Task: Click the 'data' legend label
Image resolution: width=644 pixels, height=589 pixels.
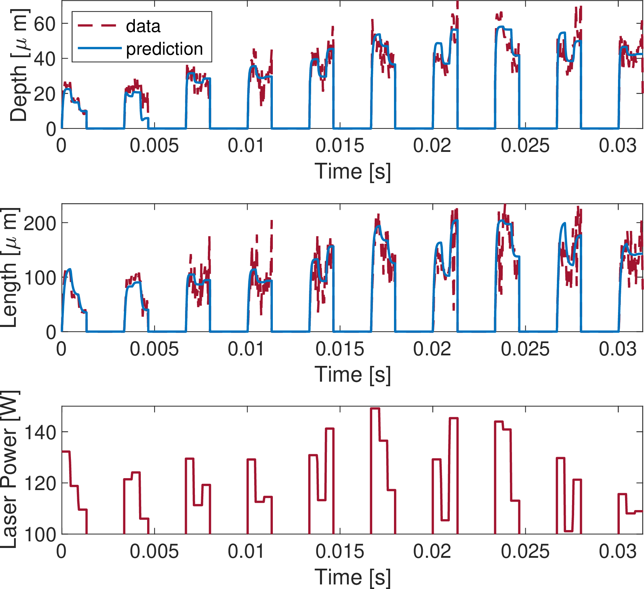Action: [143, 26]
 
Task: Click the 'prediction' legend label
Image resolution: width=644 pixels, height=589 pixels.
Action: [164, 49]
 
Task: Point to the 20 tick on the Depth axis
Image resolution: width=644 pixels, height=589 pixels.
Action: [45, 94]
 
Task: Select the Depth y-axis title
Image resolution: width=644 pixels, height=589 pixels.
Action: [18, 65]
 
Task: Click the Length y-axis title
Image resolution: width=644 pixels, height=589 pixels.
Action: [10, 268]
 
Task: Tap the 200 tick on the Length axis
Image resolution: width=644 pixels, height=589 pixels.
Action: [39, 223]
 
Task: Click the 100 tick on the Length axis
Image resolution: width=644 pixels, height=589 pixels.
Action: [39, 278]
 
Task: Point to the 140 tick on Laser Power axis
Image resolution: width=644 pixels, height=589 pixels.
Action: [39, 432]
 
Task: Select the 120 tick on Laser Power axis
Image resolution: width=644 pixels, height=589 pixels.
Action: [39, 483]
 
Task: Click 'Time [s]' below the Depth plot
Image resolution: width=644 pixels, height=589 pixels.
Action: [352, 172]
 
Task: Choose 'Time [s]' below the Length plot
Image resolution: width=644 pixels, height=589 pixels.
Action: [352, 374]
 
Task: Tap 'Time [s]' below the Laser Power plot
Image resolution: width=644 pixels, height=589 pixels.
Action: [352, 577]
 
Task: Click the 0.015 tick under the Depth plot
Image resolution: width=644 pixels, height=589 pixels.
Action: [340, 146]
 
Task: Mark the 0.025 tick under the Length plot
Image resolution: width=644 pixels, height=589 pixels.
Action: [525, 349]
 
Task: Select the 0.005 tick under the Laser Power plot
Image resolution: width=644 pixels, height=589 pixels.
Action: [154, 551]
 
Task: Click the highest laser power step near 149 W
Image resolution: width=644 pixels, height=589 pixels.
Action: [375, 409]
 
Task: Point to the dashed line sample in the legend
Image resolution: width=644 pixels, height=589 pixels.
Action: [97, 25]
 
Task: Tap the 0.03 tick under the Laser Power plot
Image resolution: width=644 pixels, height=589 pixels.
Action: [618, 551]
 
